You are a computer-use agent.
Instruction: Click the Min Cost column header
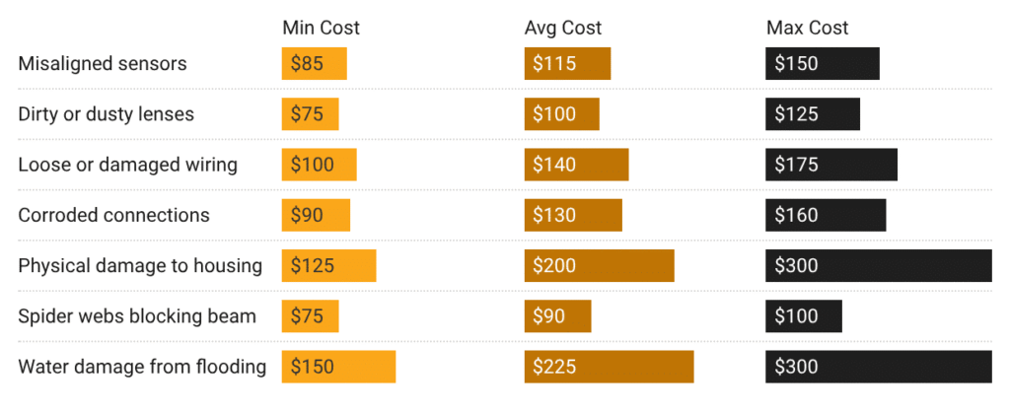point(321,28)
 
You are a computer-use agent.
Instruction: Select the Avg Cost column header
point(562,28)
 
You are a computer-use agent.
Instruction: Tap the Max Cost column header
point(807,28)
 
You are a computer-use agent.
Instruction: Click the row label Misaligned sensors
point(103,64)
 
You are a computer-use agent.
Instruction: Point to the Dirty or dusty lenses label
point(107,114)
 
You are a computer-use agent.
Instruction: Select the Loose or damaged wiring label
point(127,165)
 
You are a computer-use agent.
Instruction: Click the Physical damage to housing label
point(140,265)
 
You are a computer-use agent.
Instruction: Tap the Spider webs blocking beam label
point(137,316)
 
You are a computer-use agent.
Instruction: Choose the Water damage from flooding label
point(142,367)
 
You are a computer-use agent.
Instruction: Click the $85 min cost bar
point(314,64)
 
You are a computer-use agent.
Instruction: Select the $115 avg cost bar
point(567,64)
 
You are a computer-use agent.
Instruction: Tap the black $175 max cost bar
point(830,165)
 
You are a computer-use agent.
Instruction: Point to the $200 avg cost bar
point(599,265)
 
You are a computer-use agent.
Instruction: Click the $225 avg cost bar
point(609,367)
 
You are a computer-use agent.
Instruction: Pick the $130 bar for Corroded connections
point(573,215)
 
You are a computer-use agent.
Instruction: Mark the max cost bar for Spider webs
point(804,316)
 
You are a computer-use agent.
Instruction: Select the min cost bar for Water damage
point(338,367)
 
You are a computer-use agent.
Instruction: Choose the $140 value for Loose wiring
point(576,165)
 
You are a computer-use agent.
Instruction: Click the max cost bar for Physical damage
point(878,265)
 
